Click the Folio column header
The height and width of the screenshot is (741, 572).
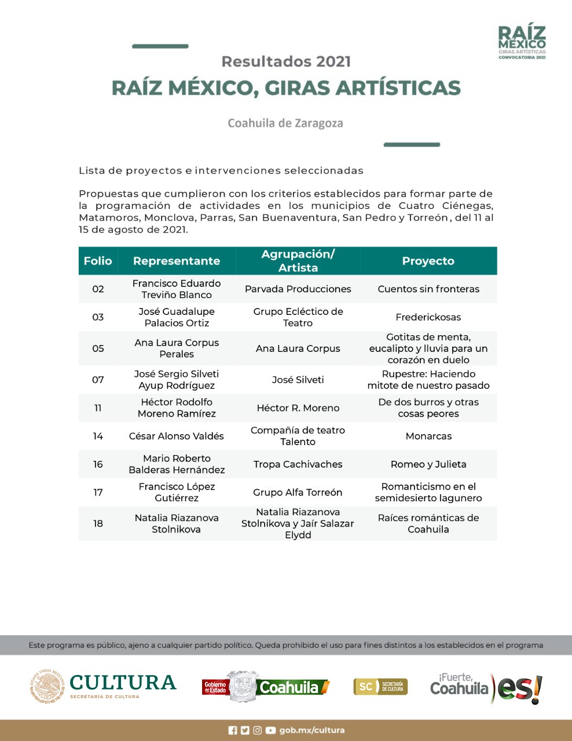click(98, 261)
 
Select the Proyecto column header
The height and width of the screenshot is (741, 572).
click(428, 261)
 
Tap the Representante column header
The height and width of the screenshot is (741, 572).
click(177, 261)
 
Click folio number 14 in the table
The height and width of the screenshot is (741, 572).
click(98, 436)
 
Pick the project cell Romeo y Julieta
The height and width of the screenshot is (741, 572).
click(428, 464)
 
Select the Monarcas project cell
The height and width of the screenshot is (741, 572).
click(428, 436)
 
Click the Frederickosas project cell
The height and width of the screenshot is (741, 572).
click(428, 317)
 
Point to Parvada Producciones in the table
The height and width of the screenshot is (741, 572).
click(298, 289)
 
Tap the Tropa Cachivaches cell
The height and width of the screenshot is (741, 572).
click(298, 464)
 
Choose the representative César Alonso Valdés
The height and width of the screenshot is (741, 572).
click(176, 436)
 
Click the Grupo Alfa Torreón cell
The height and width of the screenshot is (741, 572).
click(298, 493)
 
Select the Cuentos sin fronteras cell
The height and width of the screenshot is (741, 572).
click(428, 289)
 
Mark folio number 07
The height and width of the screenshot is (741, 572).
click(98, 380)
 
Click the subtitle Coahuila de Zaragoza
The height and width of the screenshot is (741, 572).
click(285, 123)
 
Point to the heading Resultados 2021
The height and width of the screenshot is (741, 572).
click(286, 61)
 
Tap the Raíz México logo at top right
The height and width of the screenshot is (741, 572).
click(522, 42)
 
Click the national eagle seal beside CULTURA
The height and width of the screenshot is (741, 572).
click(48, 687)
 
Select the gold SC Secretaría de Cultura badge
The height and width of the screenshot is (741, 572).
click(380, 687)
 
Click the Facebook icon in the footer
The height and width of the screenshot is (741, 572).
click(233, 731)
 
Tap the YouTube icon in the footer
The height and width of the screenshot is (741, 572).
click(270, 731)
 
